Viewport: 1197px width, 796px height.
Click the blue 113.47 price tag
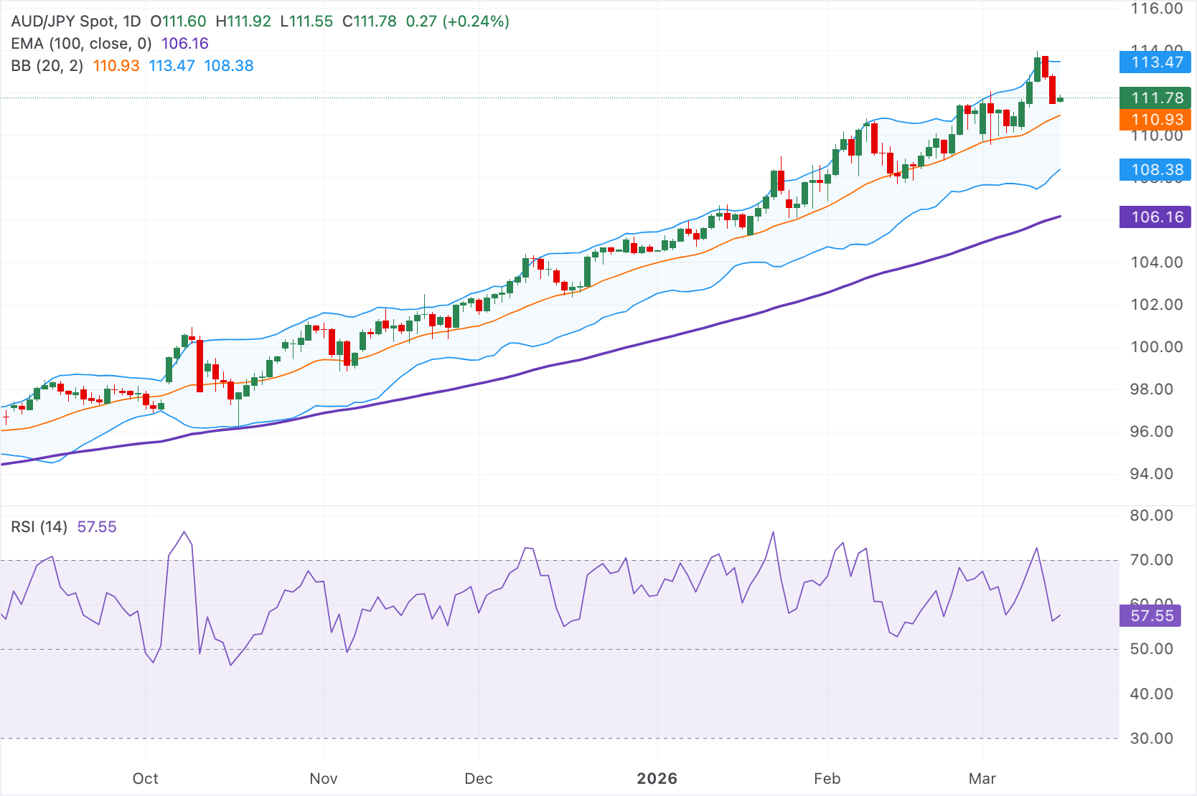click(1155, 62)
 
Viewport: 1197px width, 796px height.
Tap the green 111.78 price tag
click(1155, 98)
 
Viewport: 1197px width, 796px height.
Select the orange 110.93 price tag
click(1155, 119)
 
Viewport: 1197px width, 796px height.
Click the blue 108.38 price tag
click(1155, 170)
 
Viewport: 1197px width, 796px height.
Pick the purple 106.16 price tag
click(1155, 217)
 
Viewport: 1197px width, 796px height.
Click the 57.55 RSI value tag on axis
click(1151, 616)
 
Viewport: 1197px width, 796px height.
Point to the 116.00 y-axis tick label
click(1156, 9)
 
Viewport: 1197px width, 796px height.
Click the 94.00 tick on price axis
click(1151, 474)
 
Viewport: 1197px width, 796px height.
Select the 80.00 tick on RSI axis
click(1151, 516)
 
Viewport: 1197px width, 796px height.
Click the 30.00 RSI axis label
click(1151, 739)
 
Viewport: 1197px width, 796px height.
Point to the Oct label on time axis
click(146, 779)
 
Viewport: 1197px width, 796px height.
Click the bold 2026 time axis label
click(657, 779)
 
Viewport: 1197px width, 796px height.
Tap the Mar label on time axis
click(982, 779)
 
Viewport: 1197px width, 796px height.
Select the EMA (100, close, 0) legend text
click(81, 44)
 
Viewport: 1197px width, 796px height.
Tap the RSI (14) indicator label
click(39, 527)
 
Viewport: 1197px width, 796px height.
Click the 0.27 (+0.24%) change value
click(457, 22)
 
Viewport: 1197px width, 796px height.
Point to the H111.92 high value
click(243, 22)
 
